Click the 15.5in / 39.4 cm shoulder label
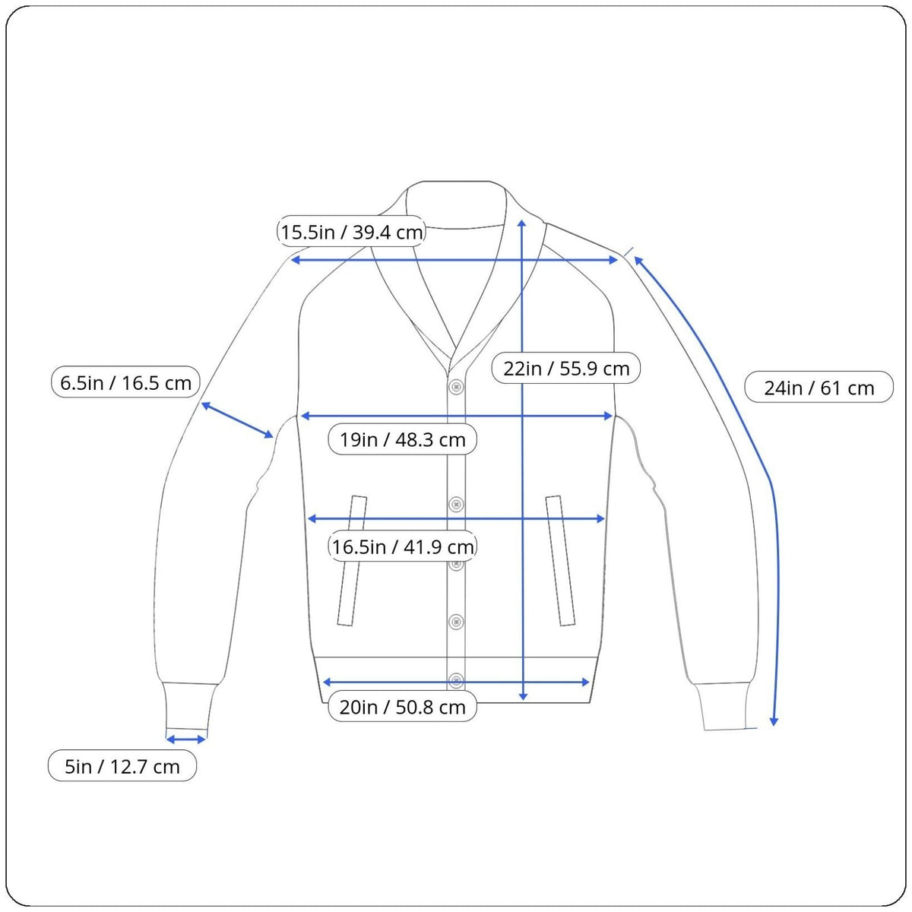[351, 232]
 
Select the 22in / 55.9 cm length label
[566, 369]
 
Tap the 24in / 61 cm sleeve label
[819, 388]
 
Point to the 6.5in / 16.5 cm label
[125, 382]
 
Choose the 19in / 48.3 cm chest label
[402, 439]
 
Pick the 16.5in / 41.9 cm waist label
[402, 546]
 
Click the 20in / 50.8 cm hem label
[402, 707]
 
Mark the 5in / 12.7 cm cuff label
[122, 766]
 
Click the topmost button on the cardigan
[456, 387]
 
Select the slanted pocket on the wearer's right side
[352, 560]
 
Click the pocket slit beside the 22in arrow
[561, 560]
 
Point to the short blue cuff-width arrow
[186, 739]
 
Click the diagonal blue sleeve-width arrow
[236, 420]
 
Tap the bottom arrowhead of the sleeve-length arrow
[774, 720]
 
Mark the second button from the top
[456, 503]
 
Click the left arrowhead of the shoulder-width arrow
[296, 260]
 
